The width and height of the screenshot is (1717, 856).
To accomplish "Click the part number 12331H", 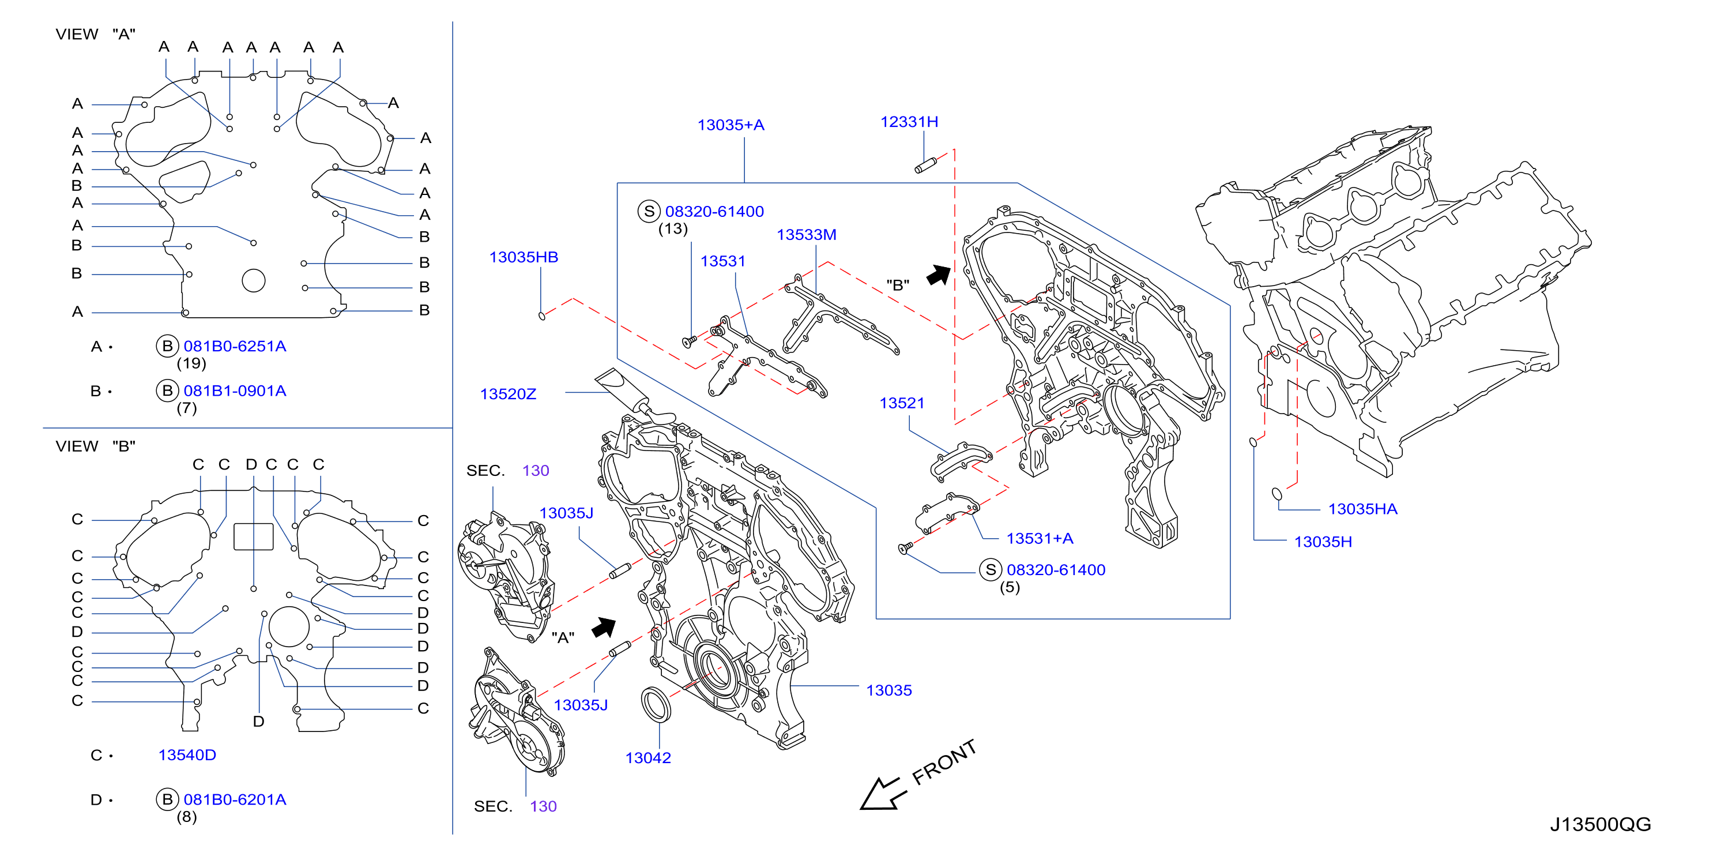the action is [x=909, y=122].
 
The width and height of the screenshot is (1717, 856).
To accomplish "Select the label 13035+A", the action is [x=731, y=125].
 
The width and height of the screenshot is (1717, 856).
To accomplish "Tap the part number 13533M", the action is [x=806, y=235].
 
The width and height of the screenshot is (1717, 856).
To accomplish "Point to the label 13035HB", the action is [x=524, y=257].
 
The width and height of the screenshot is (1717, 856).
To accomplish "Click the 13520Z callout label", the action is [x=508, y=394].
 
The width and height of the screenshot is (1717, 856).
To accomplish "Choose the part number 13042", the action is [x=648, y=758].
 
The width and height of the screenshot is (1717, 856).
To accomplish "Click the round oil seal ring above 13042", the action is [x=656, y=704].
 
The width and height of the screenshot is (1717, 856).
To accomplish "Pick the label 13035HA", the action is [x=1362, y=509].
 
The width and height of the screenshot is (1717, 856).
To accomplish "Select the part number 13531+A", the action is [x=1039, y=539].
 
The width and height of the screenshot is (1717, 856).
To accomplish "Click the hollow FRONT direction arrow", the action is [x=883, y=793].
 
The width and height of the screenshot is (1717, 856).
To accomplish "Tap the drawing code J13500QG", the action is [x=1601, y=825].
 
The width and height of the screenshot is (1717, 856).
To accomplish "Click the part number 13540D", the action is [x=187, y=755].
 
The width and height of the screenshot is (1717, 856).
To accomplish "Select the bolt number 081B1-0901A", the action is [x=235, y=391].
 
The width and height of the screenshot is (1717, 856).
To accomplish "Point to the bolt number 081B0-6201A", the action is [x=235, y=799].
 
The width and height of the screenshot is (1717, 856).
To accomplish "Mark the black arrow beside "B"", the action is [x=939, y=275].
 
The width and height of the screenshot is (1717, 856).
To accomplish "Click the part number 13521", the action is [x=902, y=403].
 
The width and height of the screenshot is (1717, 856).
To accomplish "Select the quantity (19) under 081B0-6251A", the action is [x=191, y=363].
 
